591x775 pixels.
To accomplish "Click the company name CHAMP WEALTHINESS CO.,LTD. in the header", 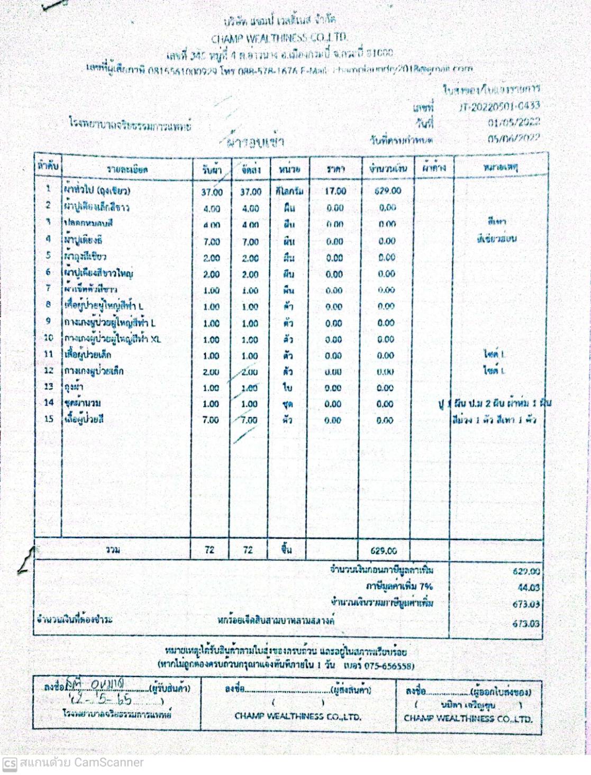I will pyautogui.click(x=279, y=38).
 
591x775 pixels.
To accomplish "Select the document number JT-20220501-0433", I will pyautogui.click(x=499, y=106).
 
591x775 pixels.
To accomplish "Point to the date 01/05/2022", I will pyautogui.click(x=513, y=123).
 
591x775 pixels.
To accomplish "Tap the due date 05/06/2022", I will pyautogui.click(x=513, y=139).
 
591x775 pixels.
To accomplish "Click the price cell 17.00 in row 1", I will pyautogui.click(x=335, y=191).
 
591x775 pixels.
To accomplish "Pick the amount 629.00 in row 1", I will pyautogui.click(x=388, y=190).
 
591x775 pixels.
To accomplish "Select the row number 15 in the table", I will pyautogui.click(x=49, y=419).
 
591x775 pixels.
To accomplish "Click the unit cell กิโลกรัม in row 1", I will pyautogui.click(x=289, y=191).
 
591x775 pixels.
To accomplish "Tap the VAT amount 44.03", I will pyautogui.click(x=528, y=587).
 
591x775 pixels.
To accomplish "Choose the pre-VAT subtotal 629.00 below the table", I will pyautogui.click(x=526, y=571).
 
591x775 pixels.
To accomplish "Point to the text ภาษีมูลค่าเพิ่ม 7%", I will pyautogui.click(x=399, y=586).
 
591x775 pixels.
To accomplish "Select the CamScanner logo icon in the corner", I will pyautogui.click(x=10, y=764).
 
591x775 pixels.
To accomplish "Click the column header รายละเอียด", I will pyautogui.click(x=127, y=170).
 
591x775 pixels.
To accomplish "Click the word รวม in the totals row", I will pyautogui.click(x=113, y=550).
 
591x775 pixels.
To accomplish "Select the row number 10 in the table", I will pyautogui.click(x=49, y=338).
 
